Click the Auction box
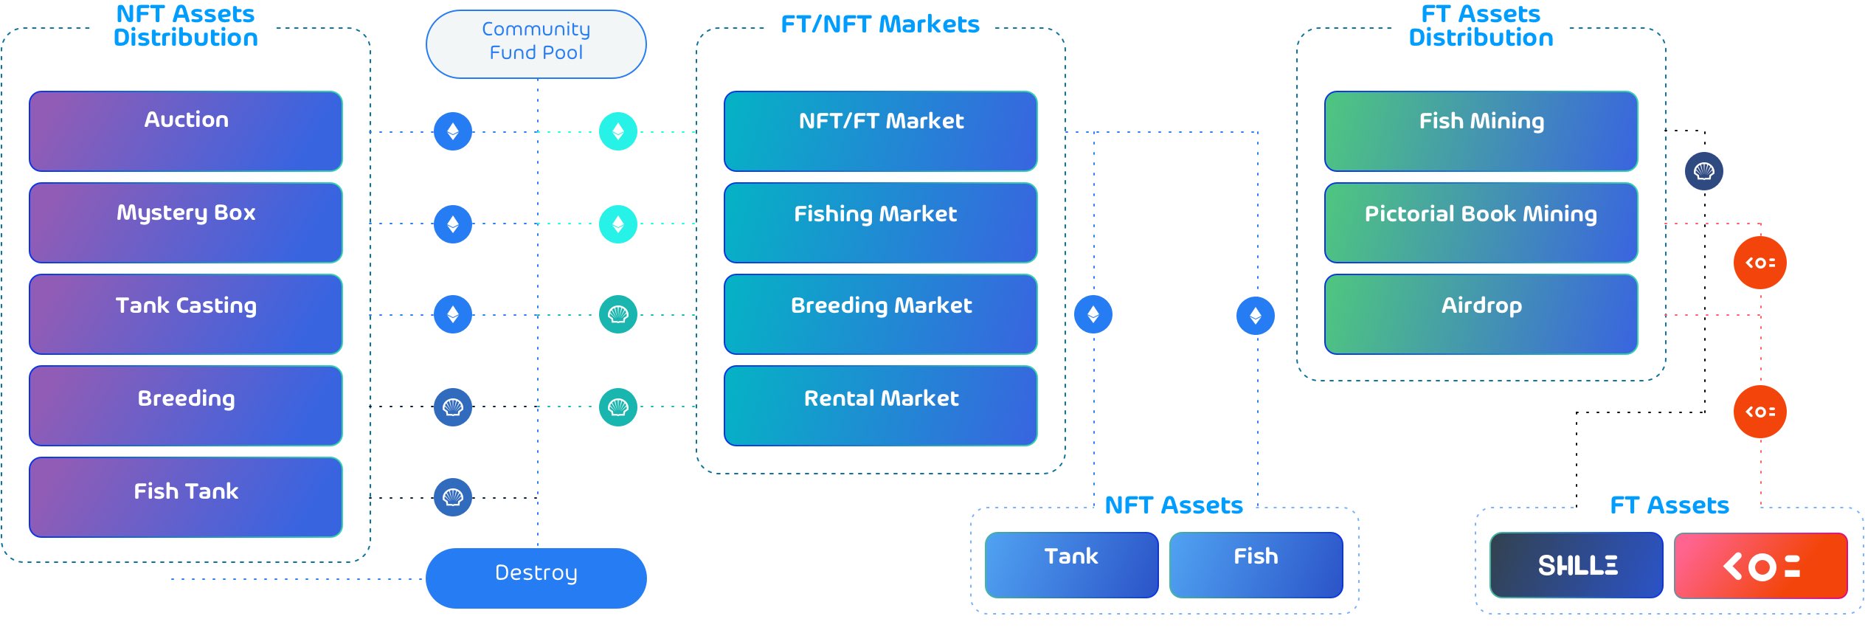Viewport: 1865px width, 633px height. tap(186, 131)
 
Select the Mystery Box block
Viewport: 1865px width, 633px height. tap(186, 223)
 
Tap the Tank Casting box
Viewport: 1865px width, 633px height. tap(186, 314)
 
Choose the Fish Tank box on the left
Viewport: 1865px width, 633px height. tap(186, 497)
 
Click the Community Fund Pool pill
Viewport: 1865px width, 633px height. tap(536, 44)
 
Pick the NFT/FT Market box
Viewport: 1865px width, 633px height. tap(881, 131)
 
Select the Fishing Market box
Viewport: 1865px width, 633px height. tap(881, 223)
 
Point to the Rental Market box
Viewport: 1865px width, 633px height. tap(881, 406)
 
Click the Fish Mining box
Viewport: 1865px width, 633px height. tap(1481, 131)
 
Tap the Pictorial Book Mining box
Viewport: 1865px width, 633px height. tap(1481, 223)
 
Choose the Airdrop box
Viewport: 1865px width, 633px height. tap(1481, 314)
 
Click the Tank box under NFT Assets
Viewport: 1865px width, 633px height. tap(1071, 565)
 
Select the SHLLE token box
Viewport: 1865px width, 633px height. tap(1577, 565)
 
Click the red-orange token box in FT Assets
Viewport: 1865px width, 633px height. tap(1761, 565)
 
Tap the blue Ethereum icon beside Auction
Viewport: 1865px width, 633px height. tap(453, 131)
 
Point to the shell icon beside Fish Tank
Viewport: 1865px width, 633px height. tap(453, 497)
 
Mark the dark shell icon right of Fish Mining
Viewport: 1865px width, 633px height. tap(1704, 171)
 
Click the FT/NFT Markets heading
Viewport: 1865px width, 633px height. tap(880, 24)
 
